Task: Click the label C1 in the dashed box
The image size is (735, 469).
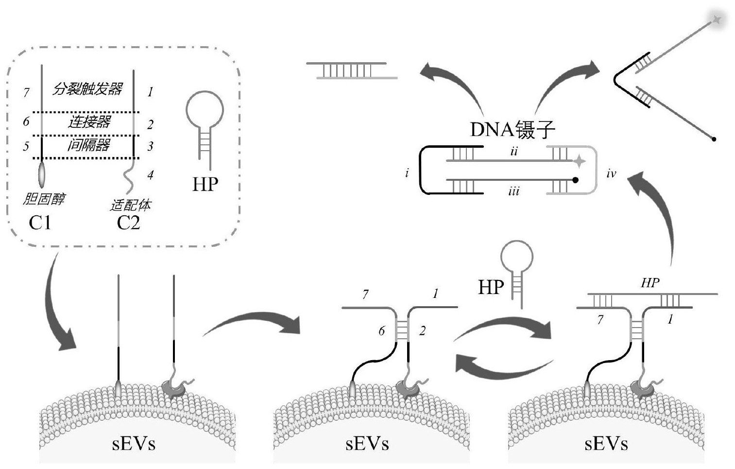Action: click(x=40, y=223)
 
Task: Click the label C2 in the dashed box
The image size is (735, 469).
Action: click(x=128, y=223)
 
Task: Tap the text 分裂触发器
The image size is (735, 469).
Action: click(x=87, y=89)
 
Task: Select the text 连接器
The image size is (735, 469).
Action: click(x=89, y=122)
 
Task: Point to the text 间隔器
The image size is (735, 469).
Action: click(x=88, y=144)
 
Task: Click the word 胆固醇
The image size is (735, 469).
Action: click(x=44, y=198)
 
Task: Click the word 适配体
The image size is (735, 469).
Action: click(x=130, y=205)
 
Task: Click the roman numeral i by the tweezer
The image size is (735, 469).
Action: click(x=407, y=173)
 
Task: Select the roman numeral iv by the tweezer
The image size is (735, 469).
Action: click(x=611, y=173)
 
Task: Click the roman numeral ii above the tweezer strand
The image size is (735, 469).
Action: click(x=514, y=151)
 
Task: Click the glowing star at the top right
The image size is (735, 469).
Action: click(x=717, y=20)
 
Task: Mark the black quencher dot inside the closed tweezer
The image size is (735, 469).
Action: click(x=576, y=180)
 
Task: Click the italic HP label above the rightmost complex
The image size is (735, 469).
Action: click(x=650, y=283)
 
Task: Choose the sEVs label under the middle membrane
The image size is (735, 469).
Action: click(x=367, y=444)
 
